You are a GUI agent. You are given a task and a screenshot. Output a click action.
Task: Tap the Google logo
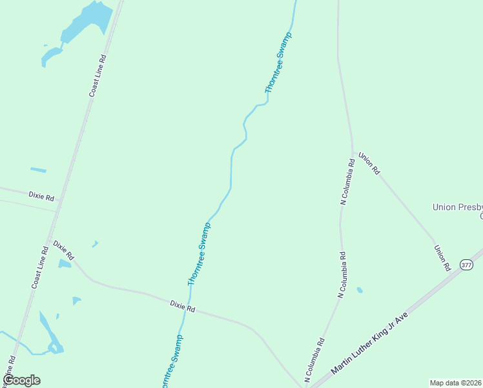(21, 380)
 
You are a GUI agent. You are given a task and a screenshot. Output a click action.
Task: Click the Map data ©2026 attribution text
(456, 383)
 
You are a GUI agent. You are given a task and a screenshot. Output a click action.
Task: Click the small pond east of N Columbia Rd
(360, 290)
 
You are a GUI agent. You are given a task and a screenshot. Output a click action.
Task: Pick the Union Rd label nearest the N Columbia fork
(369, 164)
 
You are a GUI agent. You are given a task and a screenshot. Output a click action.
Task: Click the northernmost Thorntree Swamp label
(278, 63)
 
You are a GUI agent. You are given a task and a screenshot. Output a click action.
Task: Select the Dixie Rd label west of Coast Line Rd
(41, 195)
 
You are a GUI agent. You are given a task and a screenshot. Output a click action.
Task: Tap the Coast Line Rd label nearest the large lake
(98, 76)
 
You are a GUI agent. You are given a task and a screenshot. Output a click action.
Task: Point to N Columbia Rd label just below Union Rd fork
(347, 183)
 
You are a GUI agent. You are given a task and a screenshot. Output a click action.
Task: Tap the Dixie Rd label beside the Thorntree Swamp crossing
(182, 306)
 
